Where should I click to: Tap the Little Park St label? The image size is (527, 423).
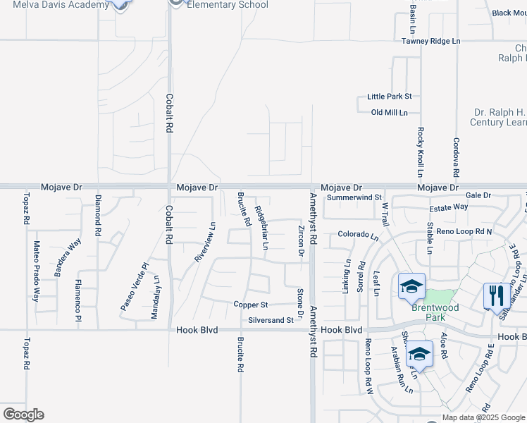tap(389, 97)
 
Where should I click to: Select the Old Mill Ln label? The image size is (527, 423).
tap(390, 113)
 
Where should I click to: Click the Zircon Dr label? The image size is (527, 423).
tap(301, 240)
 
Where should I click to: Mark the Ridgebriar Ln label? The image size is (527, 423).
tap(261, 228)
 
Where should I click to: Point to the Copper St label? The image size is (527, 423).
tap(251, 305)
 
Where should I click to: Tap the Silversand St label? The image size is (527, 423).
tap(271, 320)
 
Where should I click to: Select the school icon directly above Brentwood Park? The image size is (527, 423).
tap(411, 286)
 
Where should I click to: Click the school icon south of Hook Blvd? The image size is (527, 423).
tap(420, 354)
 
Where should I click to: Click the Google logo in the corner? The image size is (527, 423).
tap(23, 415)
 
